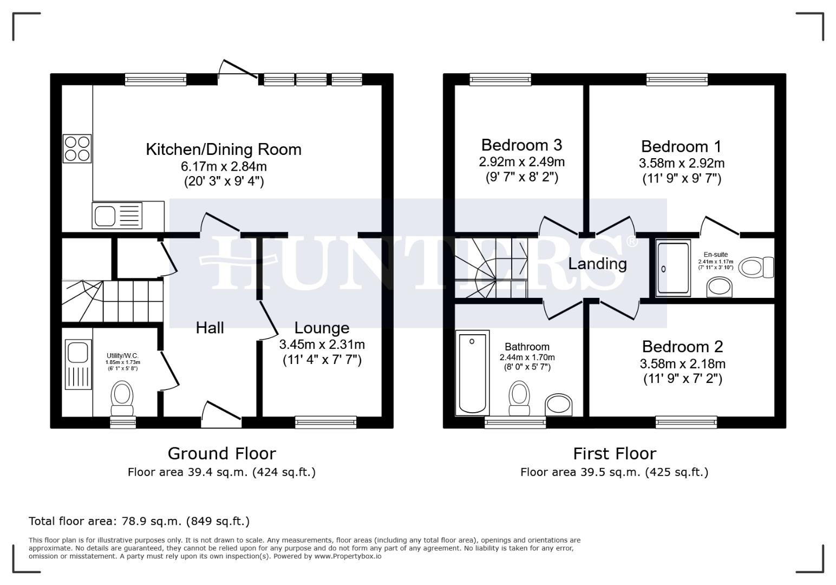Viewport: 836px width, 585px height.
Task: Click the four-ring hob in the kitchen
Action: (x=77, y=148)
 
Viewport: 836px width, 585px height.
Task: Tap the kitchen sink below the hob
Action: (x=117, y=216)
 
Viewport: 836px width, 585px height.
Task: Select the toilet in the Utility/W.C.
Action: (x=122, y=399)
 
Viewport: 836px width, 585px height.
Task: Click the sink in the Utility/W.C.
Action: (x=79, y=365)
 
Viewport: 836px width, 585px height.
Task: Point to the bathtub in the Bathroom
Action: (x=472, y=373)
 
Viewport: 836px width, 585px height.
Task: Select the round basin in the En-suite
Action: (x=719, y=287)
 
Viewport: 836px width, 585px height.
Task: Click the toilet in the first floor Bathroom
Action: (x=519, y=398)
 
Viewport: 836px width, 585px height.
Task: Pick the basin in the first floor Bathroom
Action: (x=558, y=405)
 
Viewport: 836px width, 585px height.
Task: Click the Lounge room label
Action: (x=322, y=328)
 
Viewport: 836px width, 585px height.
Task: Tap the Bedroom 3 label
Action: (x=521, y=145)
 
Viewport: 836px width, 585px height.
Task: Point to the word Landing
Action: (x=597, y=264)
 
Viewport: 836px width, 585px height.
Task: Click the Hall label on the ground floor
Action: (x=210, y=328)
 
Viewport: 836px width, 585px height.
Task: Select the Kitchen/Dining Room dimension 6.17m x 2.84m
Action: (x=224, y=166)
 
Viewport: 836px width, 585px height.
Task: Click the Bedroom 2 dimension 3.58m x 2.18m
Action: (x=683, y=363)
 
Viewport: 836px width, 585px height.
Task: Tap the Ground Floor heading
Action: (x=221, y=453)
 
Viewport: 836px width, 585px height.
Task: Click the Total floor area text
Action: (x=139, y=521)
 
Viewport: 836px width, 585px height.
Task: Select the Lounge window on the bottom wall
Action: (x=325, y=422)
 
